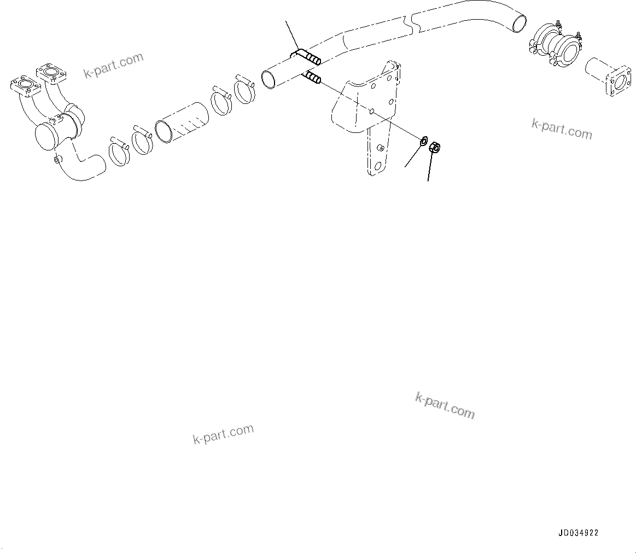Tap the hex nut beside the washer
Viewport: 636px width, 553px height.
436,147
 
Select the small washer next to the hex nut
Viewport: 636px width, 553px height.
423,142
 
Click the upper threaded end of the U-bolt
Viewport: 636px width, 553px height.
310,56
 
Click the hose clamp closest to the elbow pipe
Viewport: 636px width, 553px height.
117,152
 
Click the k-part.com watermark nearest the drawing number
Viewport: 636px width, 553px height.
445,405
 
